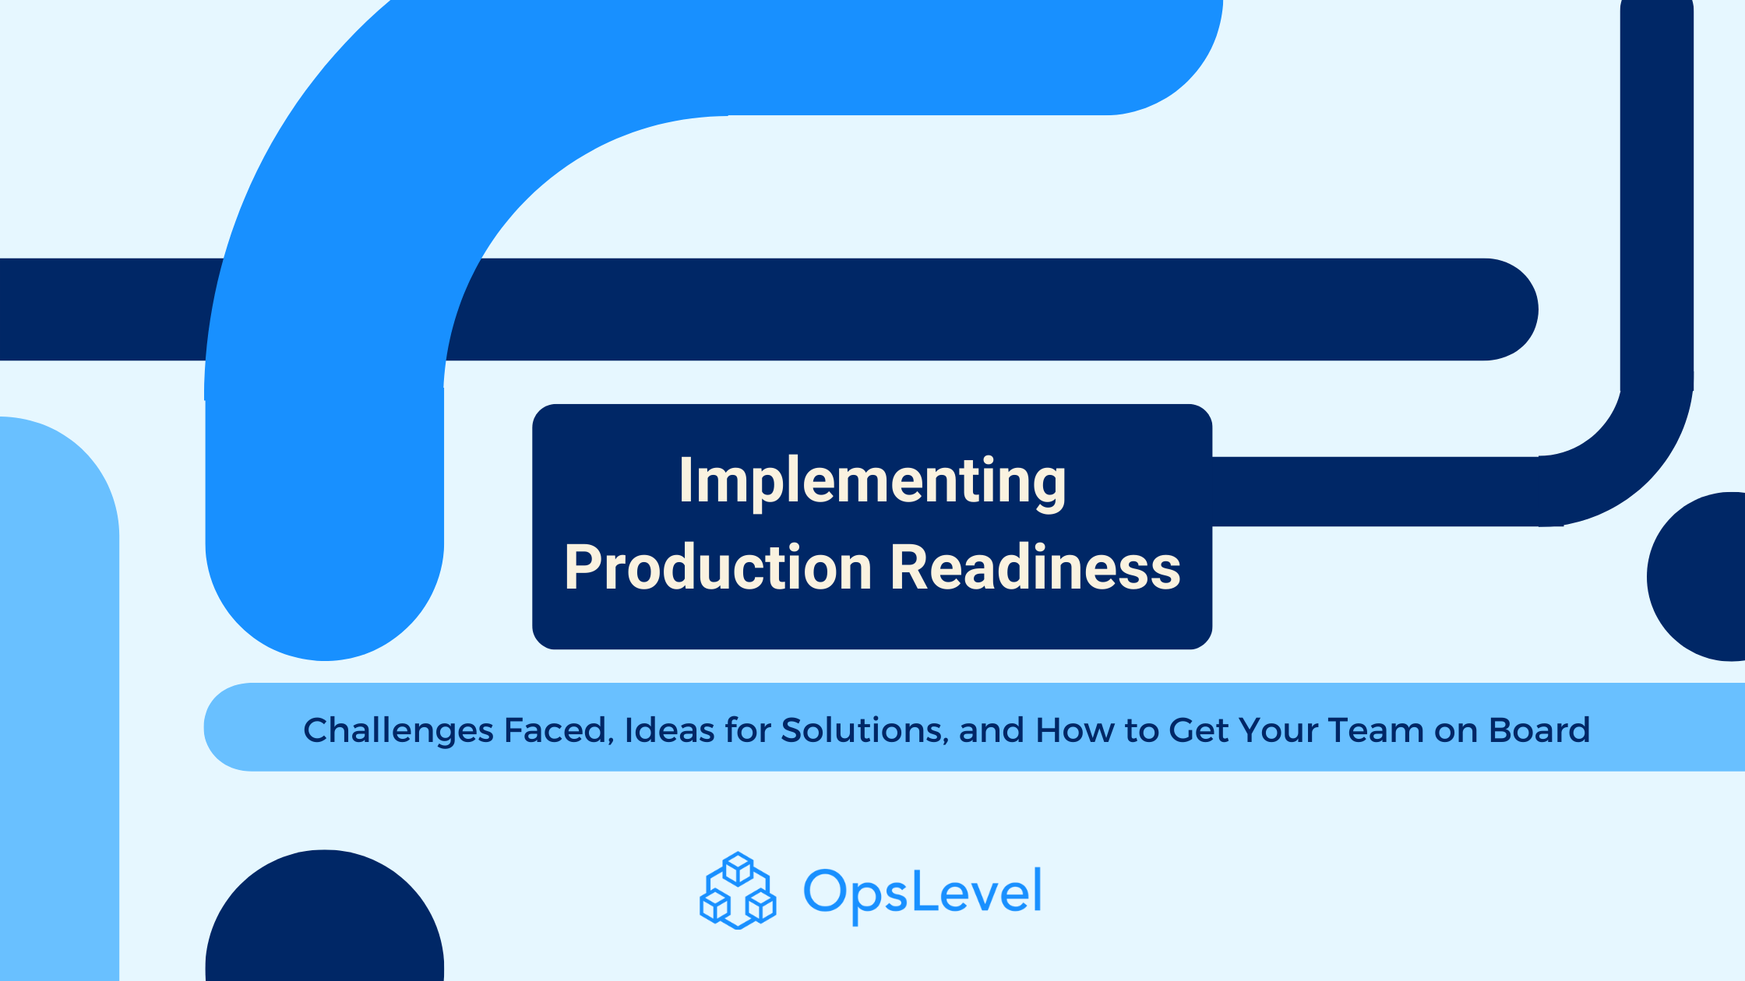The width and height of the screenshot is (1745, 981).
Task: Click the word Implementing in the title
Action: coord(872,481)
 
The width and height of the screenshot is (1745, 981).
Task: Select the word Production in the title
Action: coord(717,568)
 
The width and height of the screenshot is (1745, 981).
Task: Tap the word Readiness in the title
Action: coord(1035,568)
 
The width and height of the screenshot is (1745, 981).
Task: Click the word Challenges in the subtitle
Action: coord(398,730)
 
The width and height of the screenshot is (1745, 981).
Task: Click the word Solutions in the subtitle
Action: coord(864,730)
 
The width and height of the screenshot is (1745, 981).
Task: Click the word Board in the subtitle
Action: coord(1539,730)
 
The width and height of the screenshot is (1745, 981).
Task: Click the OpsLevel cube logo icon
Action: coord(738,891)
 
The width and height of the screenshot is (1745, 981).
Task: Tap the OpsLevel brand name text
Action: coord(922,892)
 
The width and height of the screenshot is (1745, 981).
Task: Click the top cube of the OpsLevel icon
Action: coord(738,868)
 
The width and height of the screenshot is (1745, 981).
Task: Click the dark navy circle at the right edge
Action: coord(1702,577)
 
